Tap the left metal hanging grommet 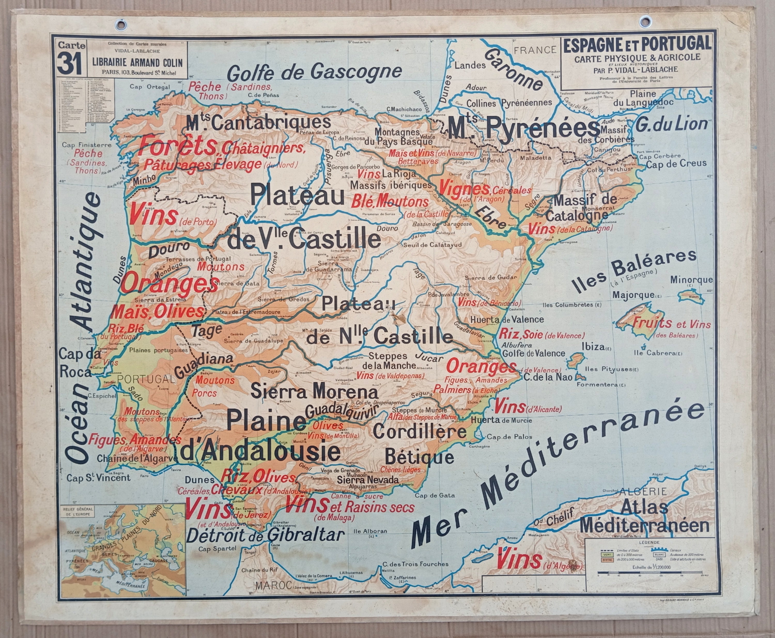(x=121, y=25)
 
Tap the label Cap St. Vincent (x=98, y=478)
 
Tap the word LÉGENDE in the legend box (x=649, y=542)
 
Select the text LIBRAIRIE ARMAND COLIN (x=135, y=62)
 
